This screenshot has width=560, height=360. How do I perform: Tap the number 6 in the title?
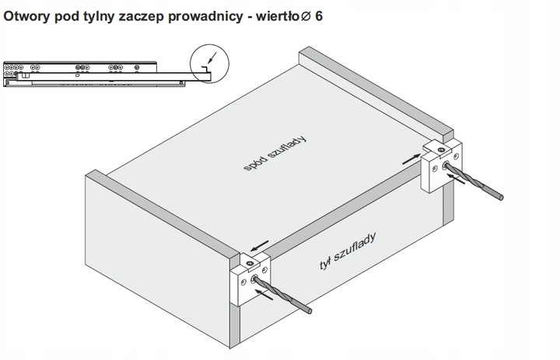click(x=318, y=16)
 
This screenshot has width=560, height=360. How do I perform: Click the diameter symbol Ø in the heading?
click(x=305, y=16)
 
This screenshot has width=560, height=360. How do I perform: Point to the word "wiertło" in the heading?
click(x=273, y=16)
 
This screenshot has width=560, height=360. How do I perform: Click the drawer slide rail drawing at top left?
click(x=93, y=73)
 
